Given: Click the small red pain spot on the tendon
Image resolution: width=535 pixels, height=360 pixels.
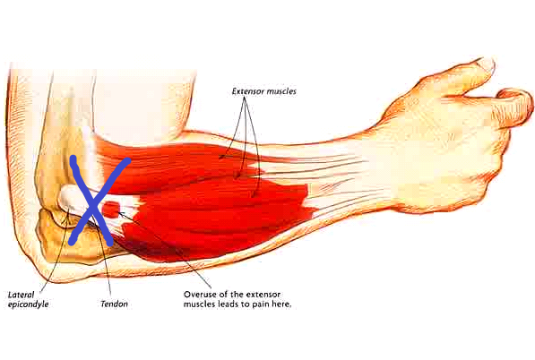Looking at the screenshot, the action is coord(111,210).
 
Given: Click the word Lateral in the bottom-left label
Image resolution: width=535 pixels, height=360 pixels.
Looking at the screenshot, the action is coord(22,295).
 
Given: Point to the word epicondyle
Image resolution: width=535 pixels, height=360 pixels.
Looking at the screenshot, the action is coord(29,304).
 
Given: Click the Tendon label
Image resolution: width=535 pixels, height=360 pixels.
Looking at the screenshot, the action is coord(115,304).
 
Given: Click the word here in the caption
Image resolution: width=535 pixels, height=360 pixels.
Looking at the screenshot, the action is coord(281,304).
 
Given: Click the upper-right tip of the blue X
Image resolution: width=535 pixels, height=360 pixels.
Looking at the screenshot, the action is coord(128,160).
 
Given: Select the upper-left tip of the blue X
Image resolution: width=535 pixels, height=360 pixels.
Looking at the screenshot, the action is coord(73,159).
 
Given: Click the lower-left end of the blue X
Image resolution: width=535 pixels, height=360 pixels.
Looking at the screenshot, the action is coord(72,243).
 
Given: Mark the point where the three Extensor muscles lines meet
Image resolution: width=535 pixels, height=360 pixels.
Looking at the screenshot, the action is coord(245,98).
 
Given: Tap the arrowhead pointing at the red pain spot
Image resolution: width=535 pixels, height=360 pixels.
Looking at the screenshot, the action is coord(120,213).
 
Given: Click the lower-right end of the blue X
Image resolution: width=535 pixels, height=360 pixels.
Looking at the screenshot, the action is coord(109,243).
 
